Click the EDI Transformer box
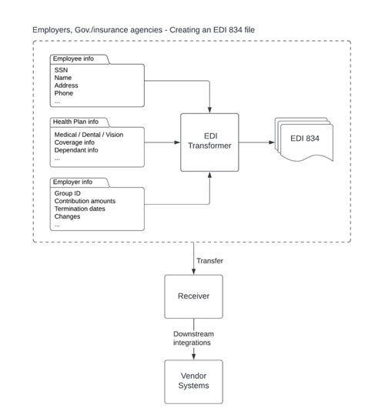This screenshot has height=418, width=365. tap(209, 142)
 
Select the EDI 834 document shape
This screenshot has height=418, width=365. tap(306, 139)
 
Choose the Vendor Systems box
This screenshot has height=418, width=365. tap(193, 381)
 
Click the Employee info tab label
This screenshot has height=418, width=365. tap(75, 59)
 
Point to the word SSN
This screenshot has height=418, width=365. tap(62, 70)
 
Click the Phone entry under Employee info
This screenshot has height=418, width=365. tap(65, 93)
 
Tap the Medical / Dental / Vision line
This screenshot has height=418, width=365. tap(89, 135)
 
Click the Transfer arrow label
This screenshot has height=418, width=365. tap(210, 261)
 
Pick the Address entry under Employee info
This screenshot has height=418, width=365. tap(67, 85)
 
